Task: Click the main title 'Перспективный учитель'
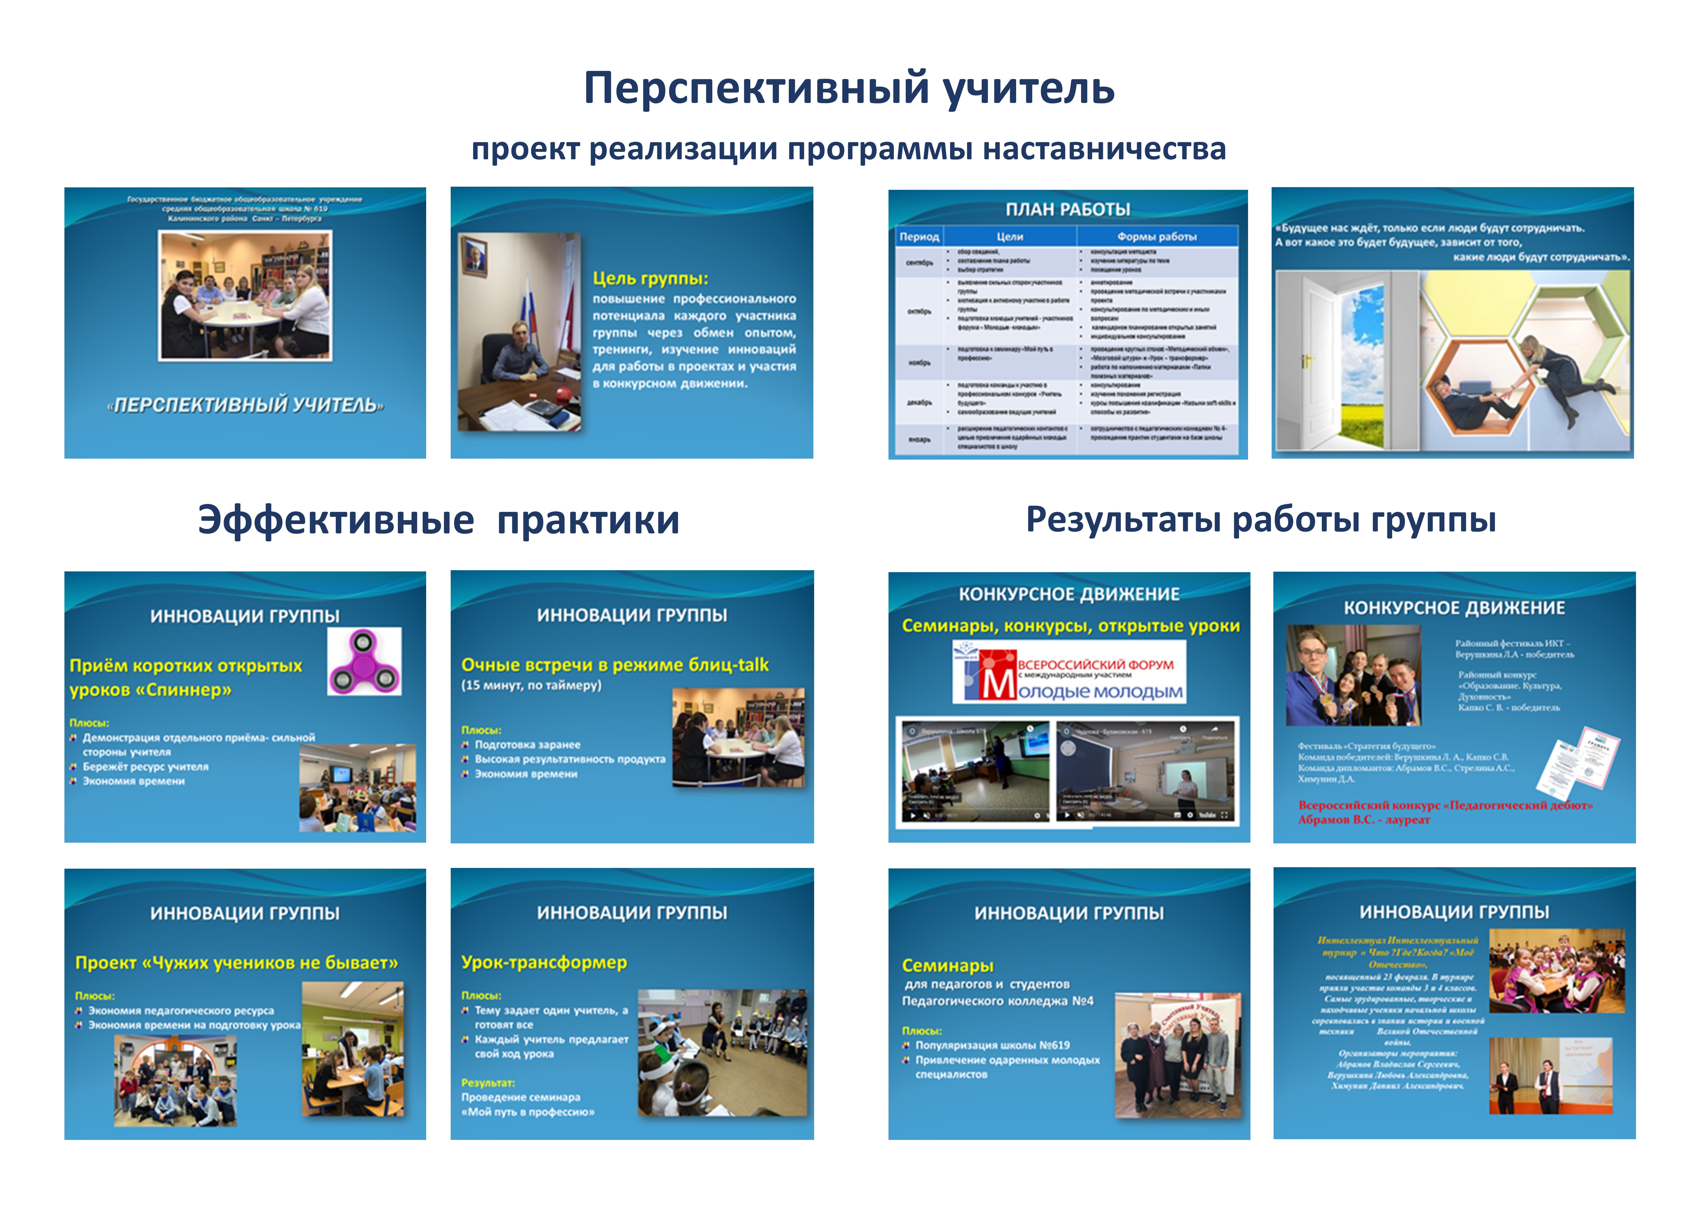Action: pyautogui.click(x=849, y=89)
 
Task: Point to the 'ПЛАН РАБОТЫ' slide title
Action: pyautogui.click(x=1068, y=210)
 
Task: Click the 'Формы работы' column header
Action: pyautogui.click(x=1157, y=236)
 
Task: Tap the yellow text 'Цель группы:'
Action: pyautogui.click(x=651, y=279)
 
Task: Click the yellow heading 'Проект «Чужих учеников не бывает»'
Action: pyautogui.click(x=237, y=963)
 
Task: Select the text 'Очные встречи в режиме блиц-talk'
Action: pyautogui.click(x=615, y=665)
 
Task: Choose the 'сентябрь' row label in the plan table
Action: pyautogui.click(x=920, y=262)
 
